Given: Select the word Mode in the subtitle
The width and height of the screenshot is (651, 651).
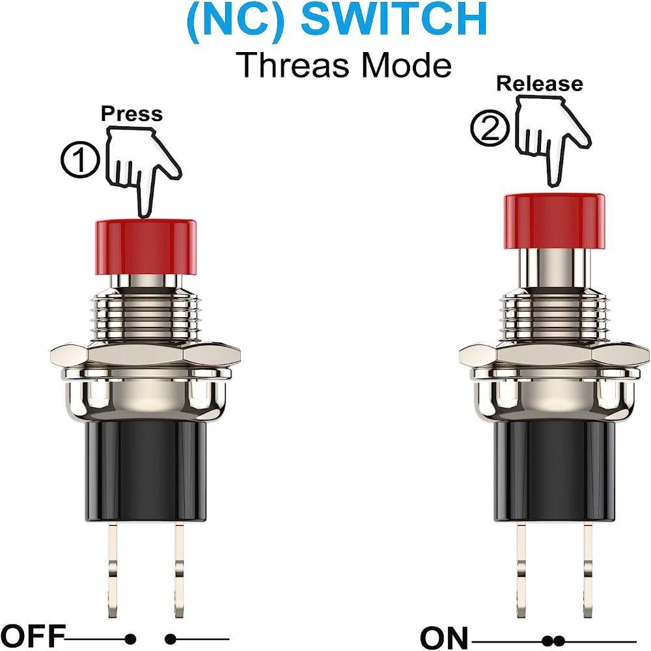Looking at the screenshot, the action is [406, 66].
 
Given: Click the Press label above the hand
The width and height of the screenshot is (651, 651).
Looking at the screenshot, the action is [132, 114].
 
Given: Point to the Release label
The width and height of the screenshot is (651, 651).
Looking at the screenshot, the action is [540, 83].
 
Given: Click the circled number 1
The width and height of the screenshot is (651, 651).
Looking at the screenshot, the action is [81, 160].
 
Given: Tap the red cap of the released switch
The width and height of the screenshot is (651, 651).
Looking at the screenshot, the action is [554, 222].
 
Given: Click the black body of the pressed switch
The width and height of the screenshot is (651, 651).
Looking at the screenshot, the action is [146, 471].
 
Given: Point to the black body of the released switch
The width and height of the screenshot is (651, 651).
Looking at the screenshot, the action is [554, 471].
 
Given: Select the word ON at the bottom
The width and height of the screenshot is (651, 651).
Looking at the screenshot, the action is [444, 637].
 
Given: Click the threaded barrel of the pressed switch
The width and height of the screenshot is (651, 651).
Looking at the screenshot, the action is [146, 316].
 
